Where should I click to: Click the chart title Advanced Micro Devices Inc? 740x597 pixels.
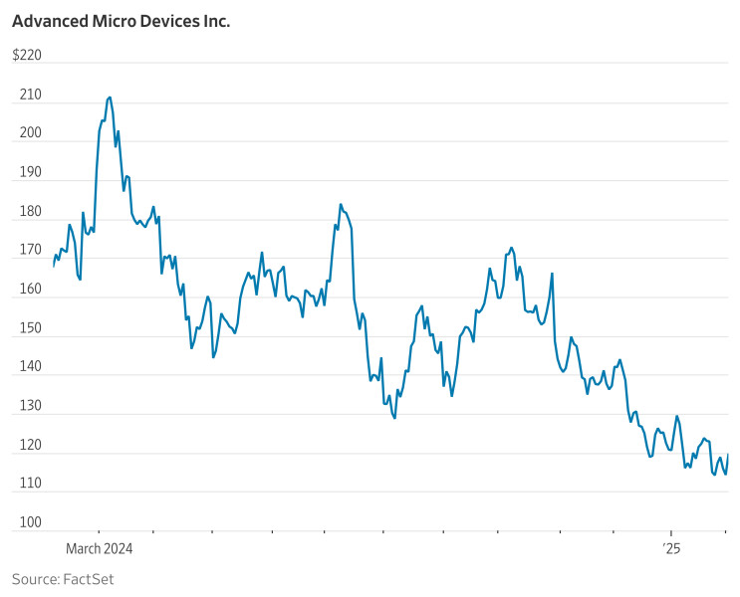tap(121, 21)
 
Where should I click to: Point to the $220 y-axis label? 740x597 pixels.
tap(27, 56)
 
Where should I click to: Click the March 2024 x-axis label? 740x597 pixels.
tap(99, 548)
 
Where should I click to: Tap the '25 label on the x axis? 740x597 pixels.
tap(672, 548)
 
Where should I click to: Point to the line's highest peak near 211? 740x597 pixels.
tap(110, 98)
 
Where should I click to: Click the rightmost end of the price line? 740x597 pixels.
tap(728, 455)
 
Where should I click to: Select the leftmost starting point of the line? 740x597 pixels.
tap(54, 266)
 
